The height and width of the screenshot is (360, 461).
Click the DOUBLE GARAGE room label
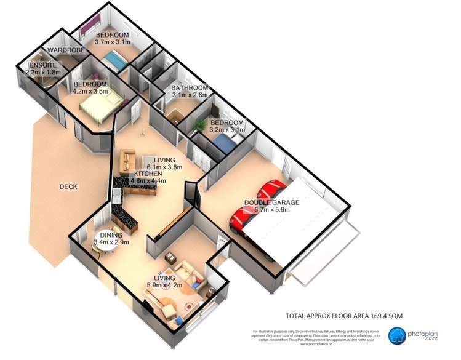pos(271,202)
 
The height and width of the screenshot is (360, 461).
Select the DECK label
pos(68,186)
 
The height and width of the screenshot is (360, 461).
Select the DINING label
pos(111,234)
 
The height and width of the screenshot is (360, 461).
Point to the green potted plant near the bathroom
pos(198,126)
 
